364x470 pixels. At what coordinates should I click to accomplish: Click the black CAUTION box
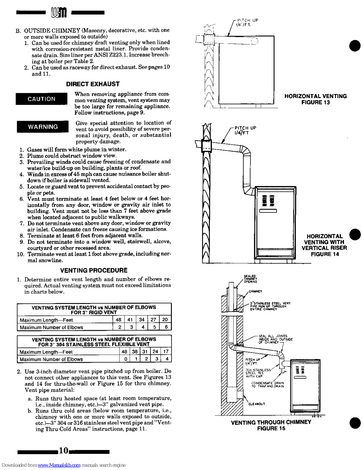[41, 99]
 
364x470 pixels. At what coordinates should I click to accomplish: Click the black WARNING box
[43, 127]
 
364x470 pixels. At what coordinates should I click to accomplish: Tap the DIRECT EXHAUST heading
[93, 84]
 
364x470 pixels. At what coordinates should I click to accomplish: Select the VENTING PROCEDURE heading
[94, 270]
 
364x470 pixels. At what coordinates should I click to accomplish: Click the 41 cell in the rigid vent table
[130, 320]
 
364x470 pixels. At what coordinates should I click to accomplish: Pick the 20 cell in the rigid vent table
[165, 320]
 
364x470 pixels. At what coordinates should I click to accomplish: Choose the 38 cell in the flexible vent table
[135, 351]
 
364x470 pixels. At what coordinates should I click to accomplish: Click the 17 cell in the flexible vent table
[166, 351]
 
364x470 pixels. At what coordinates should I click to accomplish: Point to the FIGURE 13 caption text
[315, 103]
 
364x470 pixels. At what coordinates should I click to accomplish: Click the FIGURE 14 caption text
[325, 254]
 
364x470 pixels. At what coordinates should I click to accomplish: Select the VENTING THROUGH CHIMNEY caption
[271, 422]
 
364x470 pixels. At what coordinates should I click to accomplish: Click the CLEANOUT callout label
[257, 404]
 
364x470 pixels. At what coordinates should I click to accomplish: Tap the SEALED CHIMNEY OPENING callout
[250, 279]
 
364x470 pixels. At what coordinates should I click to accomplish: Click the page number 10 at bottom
[63, 451]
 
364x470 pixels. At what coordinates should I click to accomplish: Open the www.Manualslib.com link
[59, 465]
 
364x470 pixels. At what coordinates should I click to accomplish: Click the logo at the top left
[59, 13]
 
